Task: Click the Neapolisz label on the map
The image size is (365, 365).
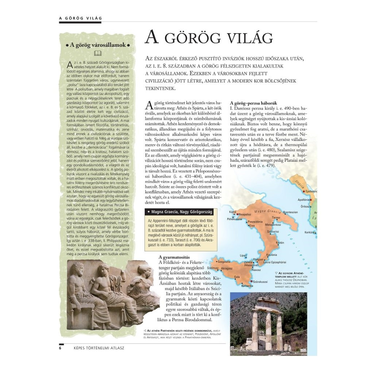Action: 246,214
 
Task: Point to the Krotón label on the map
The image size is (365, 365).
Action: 280,242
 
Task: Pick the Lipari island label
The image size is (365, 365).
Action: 243,255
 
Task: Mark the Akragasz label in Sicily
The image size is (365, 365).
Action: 227,268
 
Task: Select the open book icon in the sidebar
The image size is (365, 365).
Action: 98,53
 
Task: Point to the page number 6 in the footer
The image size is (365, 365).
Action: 61,347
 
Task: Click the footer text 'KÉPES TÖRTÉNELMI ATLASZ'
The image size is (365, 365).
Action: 99,347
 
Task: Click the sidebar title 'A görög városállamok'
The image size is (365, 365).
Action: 98,45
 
